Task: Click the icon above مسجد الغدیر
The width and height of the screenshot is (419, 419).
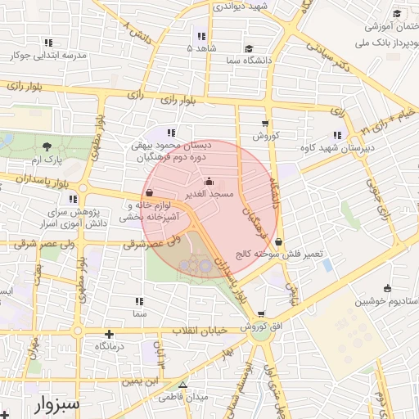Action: (x=211, y=182)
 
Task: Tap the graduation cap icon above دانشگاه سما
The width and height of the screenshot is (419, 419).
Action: (x=248, y=48)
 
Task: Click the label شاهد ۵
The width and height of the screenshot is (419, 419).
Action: (x=201, y=48)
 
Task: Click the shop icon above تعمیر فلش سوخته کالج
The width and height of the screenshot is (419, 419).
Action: (x=280, y=241)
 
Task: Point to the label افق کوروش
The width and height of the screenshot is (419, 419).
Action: (x=260, y=327)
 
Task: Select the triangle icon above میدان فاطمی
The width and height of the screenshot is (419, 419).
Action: (x=182, y=385)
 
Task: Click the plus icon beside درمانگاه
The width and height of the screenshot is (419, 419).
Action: (x=110, y=334)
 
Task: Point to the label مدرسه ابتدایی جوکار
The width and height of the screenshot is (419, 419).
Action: (x=50, y=56)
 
